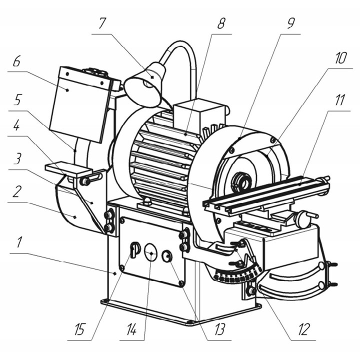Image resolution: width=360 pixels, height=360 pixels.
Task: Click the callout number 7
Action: [102, 23]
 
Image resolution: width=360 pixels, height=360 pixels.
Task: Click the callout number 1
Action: [19, 242]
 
